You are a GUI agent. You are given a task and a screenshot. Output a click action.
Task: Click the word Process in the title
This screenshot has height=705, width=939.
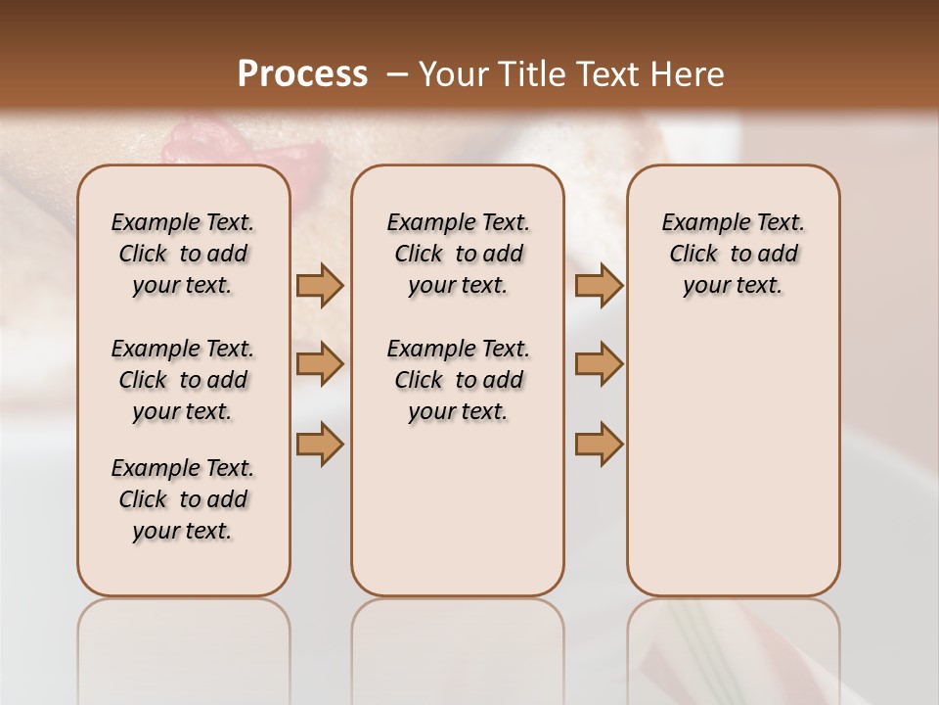pyautogui.click(x=302, y=74)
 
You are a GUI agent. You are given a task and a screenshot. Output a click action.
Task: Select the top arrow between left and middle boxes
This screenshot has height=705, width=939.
pyautogui.click(x=320, y=286)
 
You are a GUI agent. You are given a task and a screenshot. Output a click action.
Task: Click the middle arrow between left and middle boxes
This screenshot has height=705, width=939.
pyautogui.click(x=320, y=364)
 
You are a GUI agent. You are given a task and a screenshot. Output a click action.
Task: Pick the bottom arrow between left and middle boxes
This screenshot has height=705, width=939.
pyautogui.click(x=320, y=444)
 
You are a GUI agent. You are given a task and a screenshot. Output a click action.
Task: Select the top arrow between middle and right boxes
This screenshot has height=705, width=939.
pyautogui.click(x=599, y=286)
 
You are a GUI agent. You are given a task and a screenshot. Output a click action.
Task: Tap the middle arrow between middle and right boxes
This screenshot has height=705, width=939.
pyautogui.click(x=599, y=364)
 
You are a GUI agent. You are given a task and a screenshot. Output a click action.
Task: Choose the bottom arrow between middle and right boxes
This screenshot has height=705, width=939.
pyautogui.click(x=599, y=444)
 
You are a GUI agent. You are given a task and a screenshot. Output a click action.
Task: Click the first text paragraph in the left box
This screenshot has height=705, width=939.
pyautogui.click(x=183, y=254)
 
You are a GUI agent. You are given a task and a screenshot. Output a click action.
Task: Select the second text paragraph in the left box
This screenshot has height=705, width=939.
pyautogui.click(x=183, y=380)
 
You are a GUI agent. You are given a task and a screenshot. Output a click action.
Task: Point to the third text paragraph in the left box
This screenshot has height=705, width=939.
pyautogui.click(x=183, y=499)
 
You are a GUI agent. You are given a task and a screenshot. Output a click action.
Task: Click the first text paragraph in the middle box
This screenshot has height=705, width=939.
pyautogui.click(x=458, y=254)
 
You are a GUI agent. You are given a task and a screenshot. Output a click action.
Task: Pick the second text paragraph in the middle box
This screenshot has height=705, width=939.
pyautogui.click(x=458, y=380)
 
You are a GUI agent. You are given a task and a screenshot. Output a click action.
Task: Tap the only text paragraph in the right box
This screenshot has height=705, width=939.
pyautogui.click(x=733, y=254)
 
